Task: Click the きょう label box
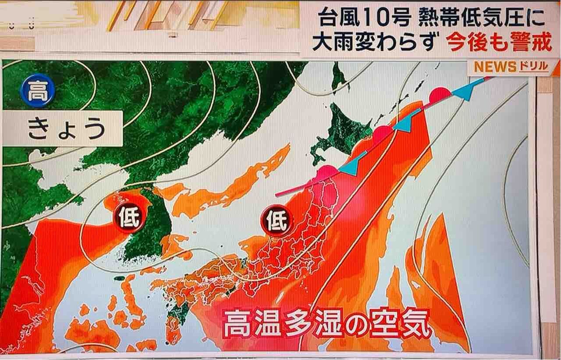[67, 128]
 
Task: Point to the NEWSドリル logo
[511, 67]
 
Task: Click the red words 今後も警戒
[499, 43]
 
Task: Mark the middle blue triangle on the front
[405, 123]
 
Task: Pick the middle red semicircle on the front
[382, 132]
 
